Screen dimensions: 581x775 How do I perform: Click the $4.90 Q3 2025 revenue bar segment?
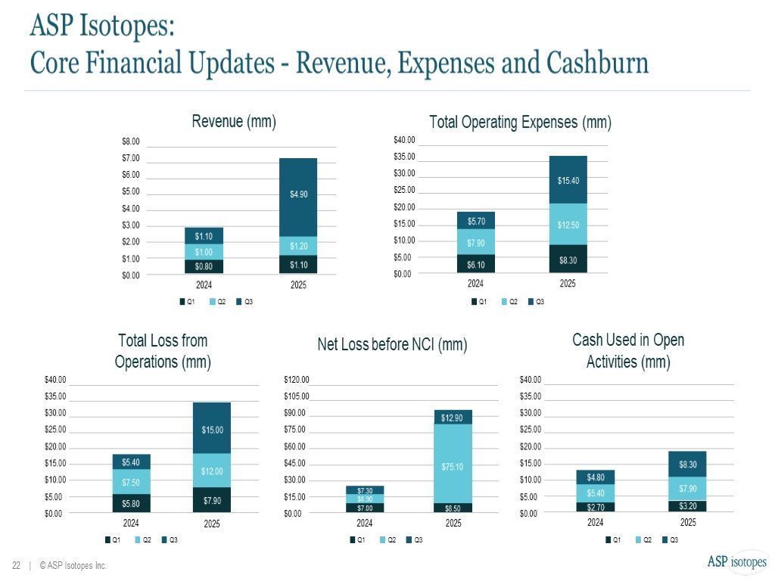[298, 197]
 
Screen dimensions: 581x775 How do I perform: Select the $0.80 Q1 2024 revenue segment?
[204, 266]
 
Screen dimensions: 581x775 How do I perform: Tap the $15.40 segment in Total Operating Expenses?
[568, 180]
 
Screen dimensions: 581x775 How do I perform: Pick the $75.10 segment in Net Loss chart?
[453, 463]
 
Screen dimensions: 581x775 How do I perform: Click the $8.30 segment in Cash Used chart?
[688, 464]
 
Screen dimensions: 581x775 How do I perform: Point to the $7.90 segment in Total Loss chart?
[212, 500]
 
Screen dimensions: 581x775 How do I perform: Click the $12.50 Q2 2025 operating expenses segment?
[568, 225]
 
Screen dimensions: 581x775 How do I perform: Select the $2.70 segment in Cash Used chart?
[596, 507]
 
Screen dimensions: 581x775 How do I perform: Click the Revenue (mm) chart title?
[234, 121]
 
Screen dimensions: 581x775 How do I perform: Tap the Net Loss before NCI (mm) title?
[392, 345]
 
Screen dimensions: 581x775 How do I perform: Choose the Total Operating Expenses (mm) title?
[520, 122]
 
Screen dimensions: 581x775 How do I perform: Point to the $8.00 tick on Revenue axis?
[131, 141]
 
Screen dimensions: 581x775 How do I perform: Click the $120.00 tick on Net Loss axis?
[297, 380]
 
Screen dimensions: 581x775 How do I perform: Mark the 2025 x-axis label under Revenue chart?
[299, 286]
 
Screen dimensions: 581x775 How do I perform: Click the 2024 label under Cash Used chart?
[596, 523]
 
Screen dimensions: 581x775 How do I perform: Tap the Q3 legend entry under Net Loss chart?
[414, 539]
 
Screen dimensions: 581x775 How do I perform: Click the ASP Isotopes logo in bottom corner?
[736, 561]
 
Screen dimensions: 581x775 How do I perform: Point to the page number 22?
[16, 565]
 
